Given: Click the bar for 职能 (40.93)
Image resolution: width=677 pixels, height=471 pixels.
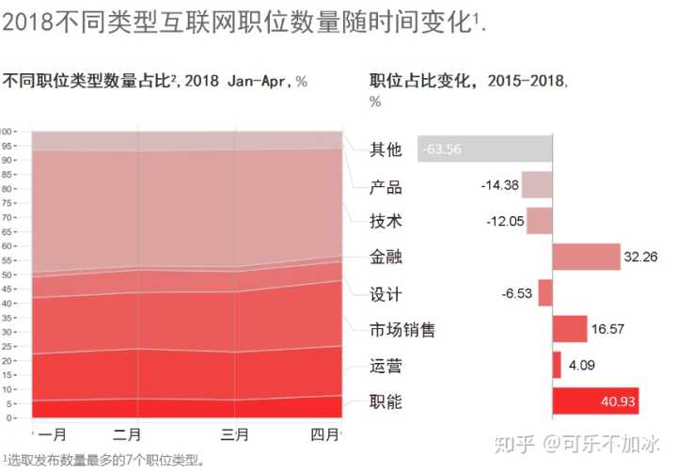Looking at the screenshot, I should [595, 401].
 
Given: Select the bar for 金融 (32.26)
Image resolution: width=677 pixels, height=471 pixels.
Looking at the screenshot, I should [586, 257].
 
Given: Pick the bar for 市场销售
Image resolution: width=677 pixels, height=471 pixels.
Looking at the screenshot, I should [570, 329].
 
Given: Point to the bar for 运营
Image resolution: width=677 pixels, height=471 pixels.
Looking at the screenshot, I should [557, 365].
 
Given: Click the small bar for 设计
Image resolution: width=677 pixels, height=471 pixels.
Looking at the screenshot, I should [545, 293].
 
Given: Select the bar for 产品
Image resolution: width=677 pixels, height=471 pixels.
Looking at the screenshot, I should [537, 184].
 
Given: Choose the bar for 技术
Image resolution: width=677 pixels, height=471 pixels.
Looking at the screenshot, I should [539, 221].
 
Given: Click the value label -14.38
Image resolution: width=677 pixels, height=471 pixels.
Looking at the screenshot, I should [499, 185].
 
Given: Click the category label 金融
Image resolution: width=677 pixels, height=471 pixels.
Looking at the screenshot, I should [386, 258].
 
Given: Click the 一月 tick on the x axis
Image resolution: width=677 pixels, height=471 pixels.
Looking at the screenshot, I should [53, 435].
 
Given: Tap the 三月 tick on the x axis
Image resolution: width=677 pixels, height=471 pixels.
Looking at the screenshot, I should [235, 435].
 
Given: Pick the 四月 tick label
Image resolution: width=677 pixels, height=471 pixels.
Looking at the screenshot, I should [324, 435].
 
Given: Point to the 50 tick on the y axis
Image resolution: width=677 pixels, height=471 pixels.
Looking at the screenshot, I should [8, 275].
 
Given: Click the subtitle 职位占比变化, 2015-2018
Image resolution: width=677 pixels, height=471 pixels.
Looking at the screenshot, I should [470, 81].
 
